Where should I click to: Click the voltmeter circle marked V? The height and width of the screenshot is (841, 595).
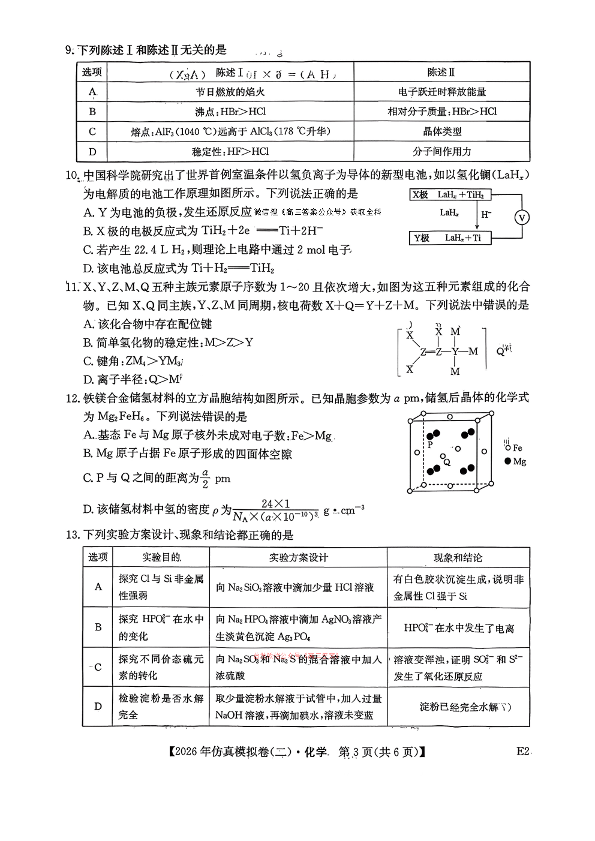[522, 217]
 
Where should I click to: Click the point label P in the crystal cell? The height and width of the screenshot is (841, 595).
[429, 445]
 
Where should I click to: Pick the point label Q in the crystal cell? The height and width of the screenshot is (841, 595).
[446, 462]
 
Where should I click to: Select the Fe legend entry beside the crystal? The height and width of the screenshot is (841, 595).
[513, 447]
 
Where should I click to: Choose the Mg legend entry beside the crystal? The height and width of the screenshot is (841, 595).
[515, 461]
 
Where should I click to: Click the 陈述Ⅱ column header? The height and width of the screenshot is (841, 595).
[441, 73]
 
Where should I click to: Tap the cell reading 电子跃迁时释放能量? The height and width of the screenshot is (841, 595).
[441, 92]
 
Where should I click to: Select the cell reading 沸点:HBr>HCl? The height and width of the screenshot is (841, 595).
[230, 112]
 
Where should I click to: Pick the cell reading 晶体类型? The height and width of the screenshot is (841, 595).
[441, 131]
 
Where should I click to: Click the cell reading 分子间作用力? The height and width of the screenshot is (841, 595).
[441, 151]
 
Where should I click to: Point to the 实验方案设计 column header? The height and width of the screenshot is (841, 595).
[298, 557]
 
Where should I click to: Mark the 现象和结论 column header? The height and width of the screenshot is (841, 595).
[458, 557]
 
